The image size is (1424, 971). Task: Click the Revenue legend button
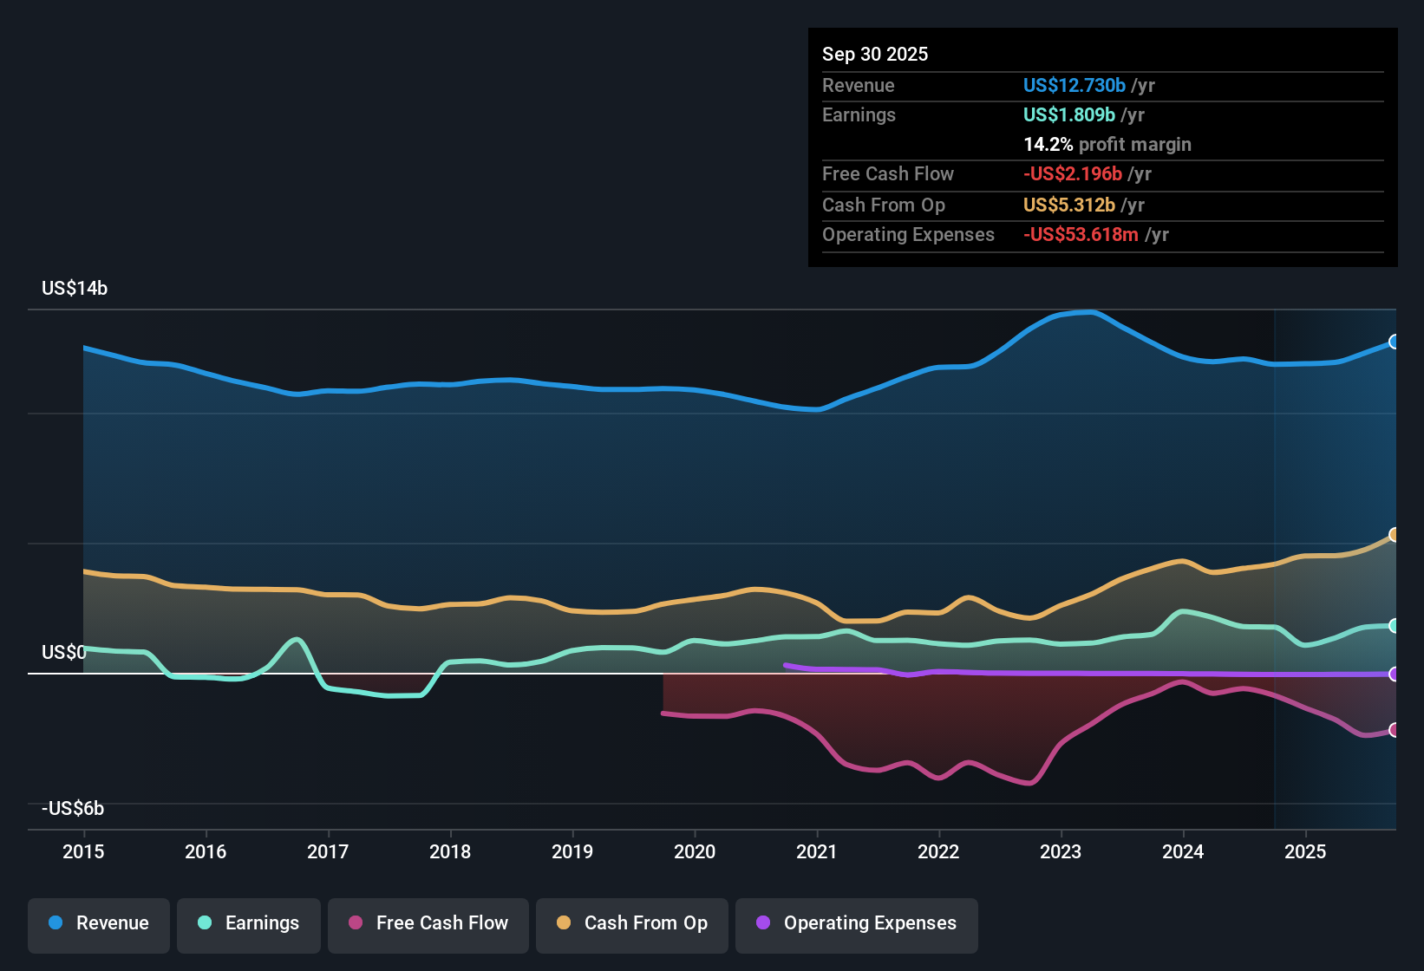point(99,923)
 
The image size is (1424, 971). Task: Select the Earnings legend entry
point(249,923)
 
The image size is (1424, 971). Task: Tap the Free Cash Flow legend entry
point(428,923)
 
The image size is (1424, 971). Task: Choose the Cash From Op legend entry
point(632,923)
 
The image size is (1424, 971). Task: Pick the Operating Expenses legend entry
point(857,923)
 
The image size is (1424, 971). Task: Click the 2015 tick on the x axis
point(83,851)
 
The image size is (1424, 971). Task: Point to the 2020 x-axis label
point(695,851)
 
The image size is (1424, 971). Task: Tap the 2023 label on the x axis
point(1061,851)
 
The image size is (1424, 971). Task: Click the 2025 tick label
point(1305,851)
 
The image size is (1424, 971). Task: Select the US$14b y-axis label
point(75,289)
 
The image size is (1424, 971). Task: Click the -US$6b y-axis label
point(73,809)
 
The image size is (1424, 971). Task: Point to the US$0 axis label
point(64,653)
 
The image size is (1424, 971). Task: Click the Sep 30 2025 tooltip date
point(875,55)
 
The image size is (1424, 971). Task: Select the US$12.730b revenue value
point(1074,86)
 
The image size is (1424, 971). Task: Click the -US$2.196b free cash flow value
point(1072,174)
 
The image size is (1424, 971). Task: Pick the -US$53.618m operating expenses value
point(1081,235)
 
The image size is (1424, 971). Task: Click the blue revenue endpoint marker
point(1394,342)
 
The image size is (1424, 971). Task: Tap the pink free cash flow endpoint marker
point(1394,730)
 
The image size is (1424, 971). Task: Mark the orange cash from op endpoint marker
point(1394,535)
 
